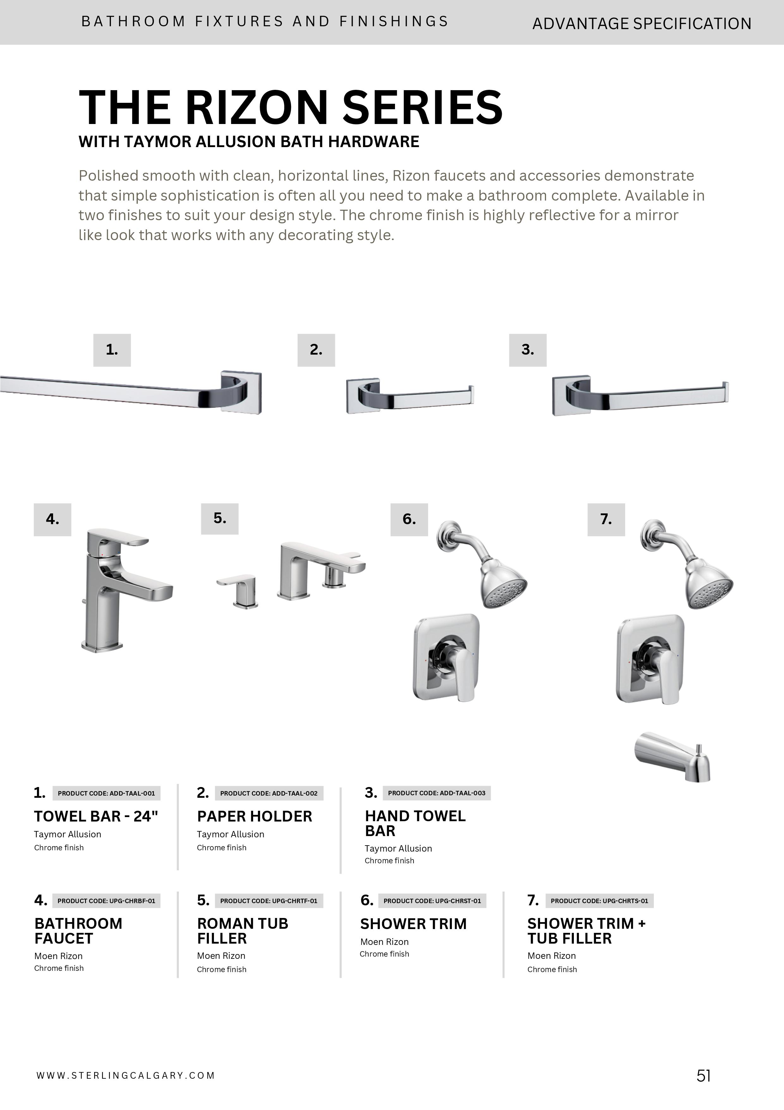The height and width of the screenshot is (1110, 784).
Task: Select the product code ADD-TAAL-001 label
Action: point(106,793)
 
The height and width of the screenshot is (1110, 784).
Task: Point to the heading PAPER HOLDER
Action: point(255,816)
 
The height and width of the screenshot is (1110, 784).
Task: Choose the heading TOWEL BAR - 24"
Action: point(96,816)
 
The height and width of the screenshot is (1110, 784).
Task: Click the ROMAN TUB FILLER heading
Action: point(242,931)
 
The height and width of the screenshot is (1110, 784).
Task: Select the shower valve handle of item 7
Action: point(669,677)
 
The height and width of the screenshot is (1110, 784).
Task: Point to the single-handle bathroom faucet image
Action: point(123,590)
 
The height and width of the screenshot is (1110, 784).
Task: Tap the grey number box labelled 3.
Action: point(527,350)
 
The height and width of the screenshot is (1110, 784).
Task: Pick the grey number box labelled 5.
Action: point(220,519)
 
